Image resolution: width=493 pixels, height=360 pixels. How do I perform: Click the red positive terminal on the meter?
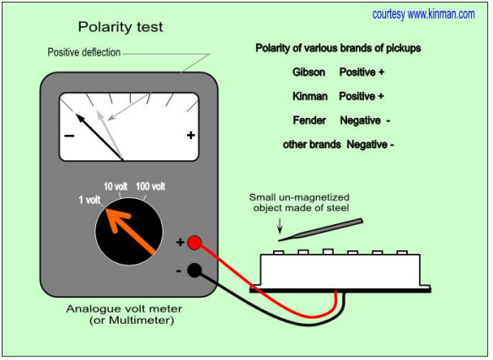(x=195, y=243)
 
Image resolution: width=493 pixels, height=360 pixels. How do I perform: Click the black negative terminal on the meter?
(x=195, y=270)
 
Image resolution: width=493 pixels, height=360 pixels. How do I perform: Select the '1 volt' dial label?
(x=89, y=200)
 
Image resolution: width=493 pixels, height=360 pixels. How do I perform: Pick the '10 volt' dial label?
(x=115, y=186)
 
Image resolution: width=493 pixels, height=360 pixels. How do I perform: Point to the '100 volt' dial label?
(x=151, y=186)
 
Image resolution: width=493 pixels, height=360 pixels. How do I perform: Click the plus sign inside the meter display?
(x=190, y=135)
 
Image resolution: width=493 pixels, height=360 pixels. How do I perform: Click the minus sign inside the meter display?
(x=69, y=136)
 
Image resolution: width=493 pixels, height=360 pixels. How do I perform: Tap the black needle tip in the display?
(x=77, y=115)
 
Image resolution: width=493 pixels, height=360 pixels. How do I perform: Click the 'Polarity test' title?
(x=121, y=27)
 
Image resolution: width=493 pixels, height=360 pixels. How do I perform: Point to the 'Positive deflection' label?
(x=84, y=52)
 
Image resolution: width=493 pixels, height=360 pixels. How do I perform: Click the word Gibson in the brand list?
(x=308, y=73)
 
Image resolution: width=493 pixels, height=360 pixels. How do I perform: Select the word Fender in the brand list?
(x=309, y=121)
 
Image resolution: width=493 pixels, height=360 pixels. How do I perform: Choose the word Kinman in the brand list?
(x=310, y=96)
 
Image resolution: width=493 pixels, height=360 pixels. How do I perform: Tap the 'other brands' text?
(x=312, y=145)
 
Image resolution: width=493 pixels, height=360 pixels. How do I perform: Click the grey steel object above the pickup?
(x=321, y=230)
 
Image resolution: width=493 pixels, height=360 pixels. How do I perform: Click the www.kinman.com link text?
(x=441, y=14)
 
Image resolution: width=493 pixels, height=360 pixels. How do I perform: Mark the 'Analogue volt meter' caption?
(x=124, y=309)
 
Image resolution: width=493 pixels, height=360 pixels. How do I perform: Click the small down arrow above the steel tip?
(x=280, y=226)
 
